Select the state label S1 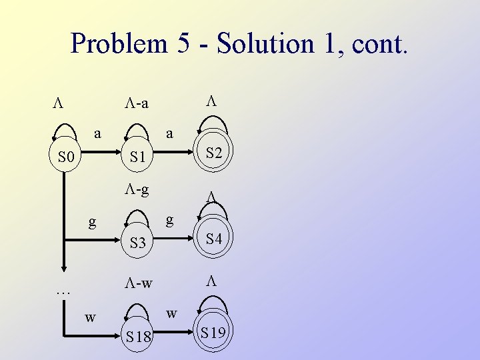[x=138, y=158]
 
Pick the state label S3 [x=138, y=243]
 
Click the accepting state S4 [x=213, y=239]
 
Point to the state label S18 [x=138, y=337]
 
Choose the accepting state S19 [x=213, y=332]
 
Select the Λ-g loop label [x=137, y=189]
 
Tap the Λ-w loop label [x=137, y=283]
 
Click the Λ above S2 [x=211, y=101]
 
